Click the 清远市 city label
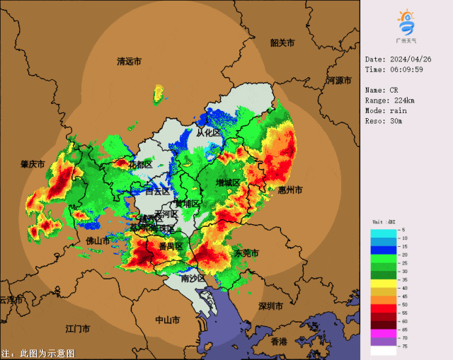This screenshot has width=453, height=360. (x=129, y=62)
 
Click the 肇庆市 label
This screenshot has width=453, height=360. (x=33, y=164)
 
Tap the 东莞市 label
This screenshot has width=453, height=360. (x=247, y=252)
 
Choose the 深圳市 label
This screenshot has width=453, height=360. (x=271, y=306)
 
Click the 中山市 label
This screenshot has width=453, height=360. (x=168, y=320)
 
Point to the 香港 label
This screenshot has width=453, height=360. (x=279, y=341)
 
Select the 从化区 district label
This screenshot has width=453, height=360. (x=208, y=133)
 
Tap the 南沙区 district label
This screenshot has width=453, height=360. (x=193, y=278)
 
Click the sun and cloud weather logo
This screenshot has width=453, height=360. (x=406, y=23)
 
